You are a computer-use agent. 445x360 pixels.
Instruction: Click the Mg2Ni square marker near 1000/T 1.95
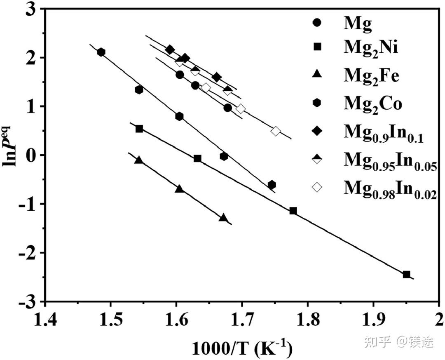click(406, 274)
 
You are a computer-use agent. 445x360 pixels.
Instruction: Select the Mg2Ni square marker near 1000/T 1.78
click(293, 211)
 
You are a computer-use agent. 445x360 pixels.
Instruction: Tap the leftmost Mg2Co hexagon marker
click(101, 52)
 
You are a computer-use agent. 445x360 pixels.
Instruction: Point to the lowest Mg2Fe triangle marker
click(223, 217)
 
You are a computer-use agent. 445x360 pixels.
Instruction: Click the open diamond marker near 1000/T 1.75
click(276, 131)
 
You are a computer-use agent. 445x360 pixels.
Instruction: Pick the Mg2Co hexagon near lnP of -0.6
click(272, 185)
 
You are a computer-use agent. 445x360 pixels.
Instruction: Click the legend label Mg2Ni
click(371, 51)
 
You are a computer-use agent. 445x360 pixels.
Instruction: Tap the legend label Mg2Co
click(373, 104)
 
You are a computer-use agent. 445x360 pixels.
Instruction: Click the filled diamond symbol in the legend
click(317, 132)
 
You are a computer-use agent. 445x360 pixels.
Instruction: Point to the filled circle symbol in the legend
click(317, 24)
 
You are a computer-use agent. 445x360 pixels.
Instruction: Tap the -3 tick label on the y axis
click(29, 301)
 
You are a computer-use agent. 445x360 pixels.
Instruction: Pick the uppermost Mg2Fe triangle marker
click(139, 160)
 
